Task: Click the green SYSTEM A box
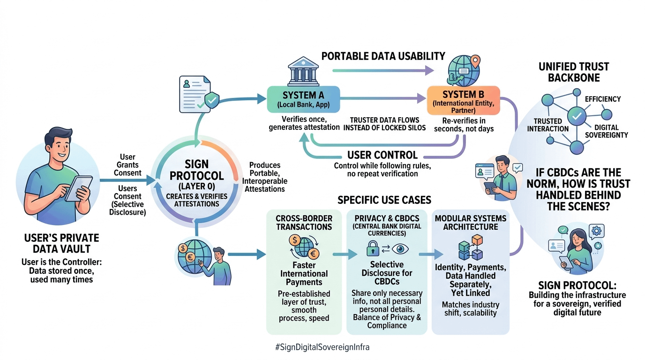pos(303,99)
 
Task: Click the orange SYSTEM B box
pos(464,100)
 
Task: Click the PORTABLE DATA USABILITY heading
pos(383,56)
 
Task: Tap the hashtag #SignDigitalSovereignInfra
pos(322,347)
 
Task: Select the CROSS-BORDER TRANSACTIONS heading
pos(304,222)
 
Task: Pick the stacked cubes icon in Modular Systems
pos(470,247)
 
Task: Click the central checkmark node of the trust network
pos(576,115)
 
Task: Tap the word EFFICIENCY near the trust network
pos(602,99)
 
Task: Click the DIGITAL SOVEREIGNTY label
pos(606,131)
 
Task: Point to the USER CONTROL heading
pos(382,155)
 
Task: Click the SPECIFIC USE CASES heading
pos(384,200)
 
